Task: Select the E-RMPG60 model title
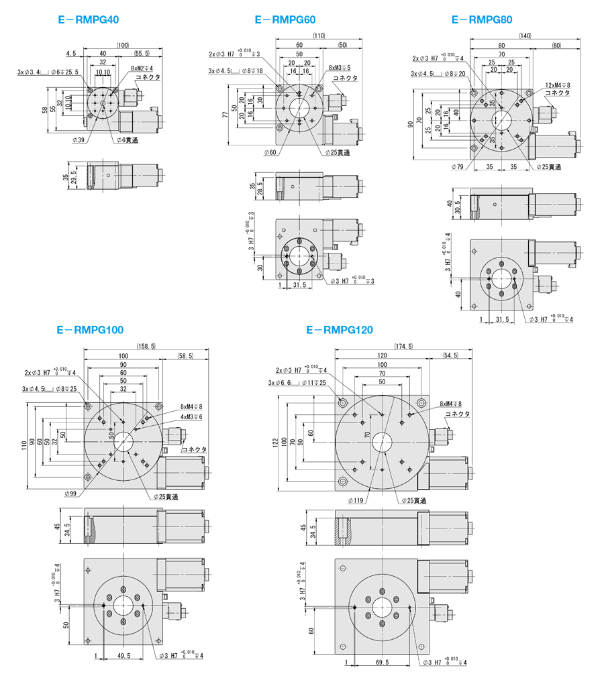pos(285,20)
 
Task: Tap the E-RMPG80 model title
pos(482,20)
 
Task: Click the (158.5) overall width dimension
pos(145,346)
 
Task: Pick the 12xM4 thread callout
pos(558,85)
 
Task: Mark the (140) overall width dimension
pos(525,35)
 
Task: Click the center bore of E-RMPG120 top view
pos(383,441)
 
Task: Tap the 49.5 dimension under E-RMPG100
pos(123,655)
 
